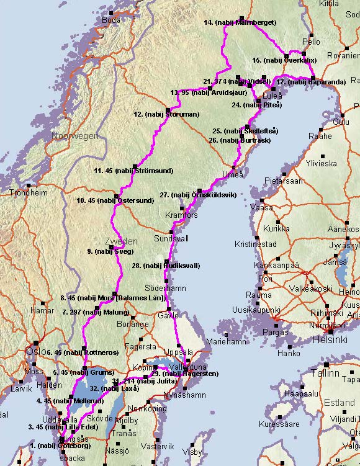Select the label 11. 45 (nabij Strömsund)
tap(133, 170)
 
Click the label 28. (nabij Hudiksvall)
tap(166, 266)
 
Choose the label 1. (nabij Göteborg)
tap(60, 446)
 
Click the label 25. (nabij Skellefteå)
tap(245, 131)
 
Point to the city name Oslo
tap(32, 351)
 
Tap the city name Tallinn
tap(325, 374)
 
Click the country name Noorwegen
tap(75, 136)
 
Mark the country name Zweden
tap(120, 241)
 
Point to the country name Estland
tap(340, 403)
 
